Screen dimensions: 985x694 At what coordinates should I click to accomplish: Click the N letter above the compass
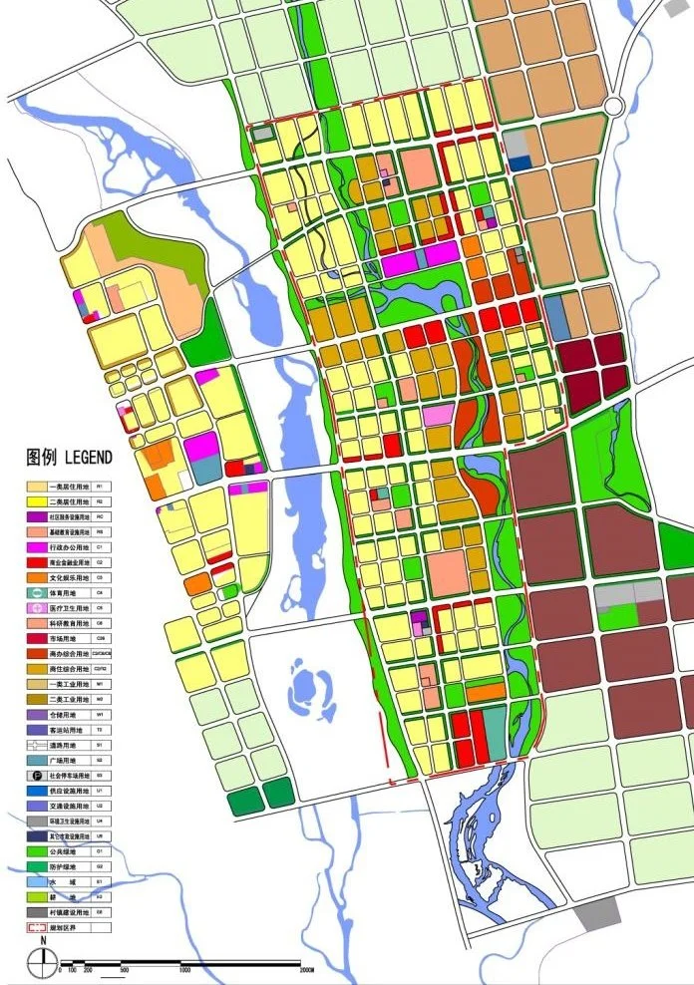click(x=43, y=940)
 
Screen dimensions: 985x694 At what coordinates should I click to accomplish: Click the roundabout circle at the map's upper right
click(x=613, y=105)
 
